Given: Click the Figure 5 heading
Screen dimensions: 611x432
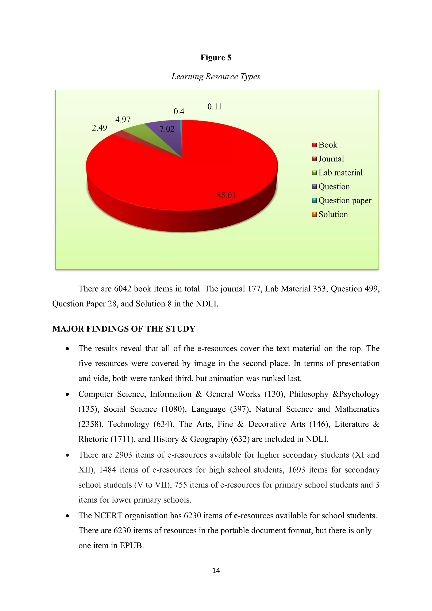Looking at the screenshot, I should (x=216, y=58).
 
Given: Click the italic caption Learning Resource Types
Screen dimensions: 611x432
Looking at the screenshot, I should (x=216, y=77).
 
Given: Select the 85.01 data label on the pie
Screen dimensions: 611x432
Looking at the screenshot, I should (x=226, y=196).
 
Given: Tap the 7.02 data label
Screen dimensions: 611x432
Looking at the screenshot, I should (x=167, y=129).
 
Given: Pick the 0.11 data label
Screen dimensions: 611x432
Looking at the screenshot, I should (x=214, y=107).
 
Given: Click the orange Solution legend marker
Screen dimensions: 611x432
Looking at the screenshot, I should (x=315, y=215).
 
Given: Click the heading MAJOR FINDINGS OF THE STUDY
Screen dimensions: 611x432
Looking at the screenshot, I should (x=124, y=329).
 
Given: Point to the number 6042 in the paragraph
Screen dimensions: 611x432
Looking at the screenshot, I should (x=123, y=289).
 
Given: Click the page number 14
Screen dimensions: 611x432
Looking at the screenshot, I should (x=216, y=570).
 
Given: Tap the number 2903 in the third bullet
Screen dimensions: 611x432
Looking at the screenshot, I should (x=123, y=455).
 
